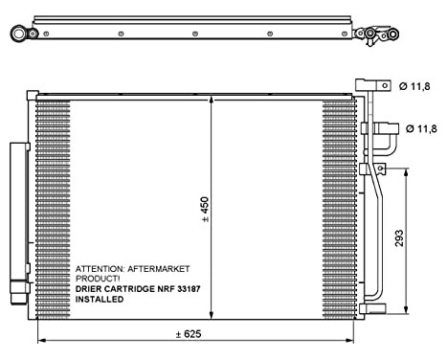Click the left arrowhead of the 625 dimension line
pyautogui.click(x=39, y=342)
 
